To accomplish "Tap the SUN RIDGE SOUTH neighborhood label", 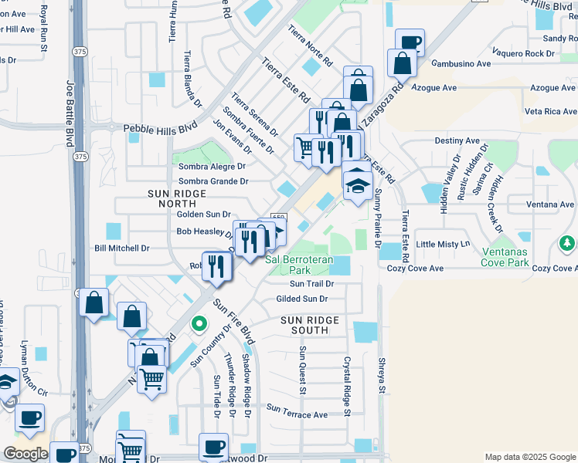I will pyautogui.click(x=309, y=325).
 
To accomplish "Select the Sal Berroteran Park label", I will pyautogui.click(x=299, y=265).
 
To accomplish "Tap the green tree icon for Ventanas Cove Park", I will pyautogui.click(x=568, y=244).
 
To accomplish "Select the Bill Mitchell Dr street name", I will pyautogui.click(x=121, y=248).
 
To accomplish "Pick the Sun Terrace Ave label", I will pyautogui.click(x=297, y=414).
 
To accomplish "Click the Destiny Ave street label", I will pyautogui.click(x=457, y=141).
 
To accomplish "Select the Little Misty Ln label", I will pyautogui.click(x=443, y=244).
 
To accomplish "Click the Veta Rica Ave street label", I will pyautogui.click(x=551, y=112).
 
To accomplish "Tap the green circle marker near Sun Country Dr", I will pyautogui.click(x=199, y=324).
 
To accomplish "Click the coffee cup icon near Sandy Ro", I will pyautogui.click(x=410, y=42).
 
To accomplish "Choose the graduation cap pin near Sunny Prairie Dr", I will pyautogui.click(x=357, y=185).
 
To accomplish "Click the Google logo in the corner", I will pyautogui.click(x=25, y=454).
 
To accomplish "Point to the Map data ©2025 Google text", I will pyautogui.click(x=529, y=457).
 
